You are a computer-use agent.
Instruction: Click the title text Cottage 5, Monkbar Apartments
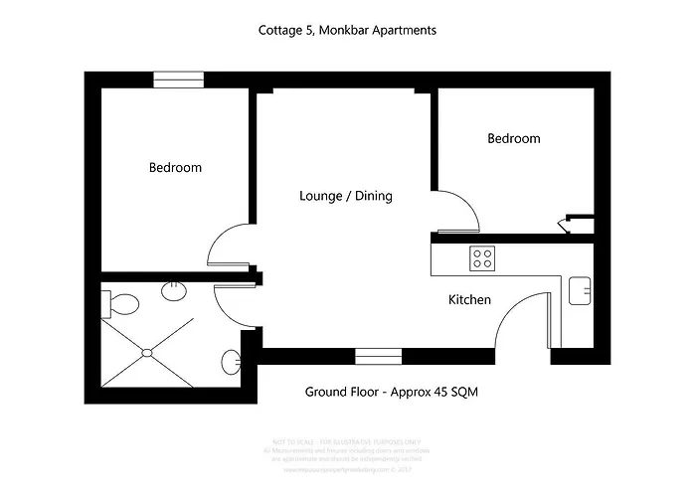[x=347, y=30]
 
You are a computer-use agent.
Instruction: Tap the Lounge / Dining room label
[x=346, y=196]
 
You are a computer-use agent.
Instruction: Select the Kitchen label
[x=469, y=299]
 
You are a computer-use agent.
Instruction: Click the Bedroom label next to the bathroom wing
[x=175, y=167]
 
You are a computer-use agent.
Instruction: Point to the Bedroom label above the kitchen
[x=513, y=138]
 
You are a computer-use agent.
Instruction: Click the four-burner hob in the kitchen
[x=483, y=258]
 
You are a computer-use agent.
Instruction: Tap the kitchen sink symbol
[x=580, y=291]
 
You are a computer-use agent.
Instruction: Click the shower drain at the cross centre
[x=148, y=351]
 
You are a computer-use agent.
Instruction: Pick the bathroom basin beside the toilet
[x=174, y=289]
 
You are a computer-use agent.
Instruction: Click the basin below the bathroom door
[x=231, y=360]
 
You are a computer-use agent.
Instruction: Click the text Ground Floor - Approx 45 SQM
[x=392, y=392]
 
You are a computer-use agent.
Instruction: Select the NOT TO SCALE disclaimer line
[x=347, y=438]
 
